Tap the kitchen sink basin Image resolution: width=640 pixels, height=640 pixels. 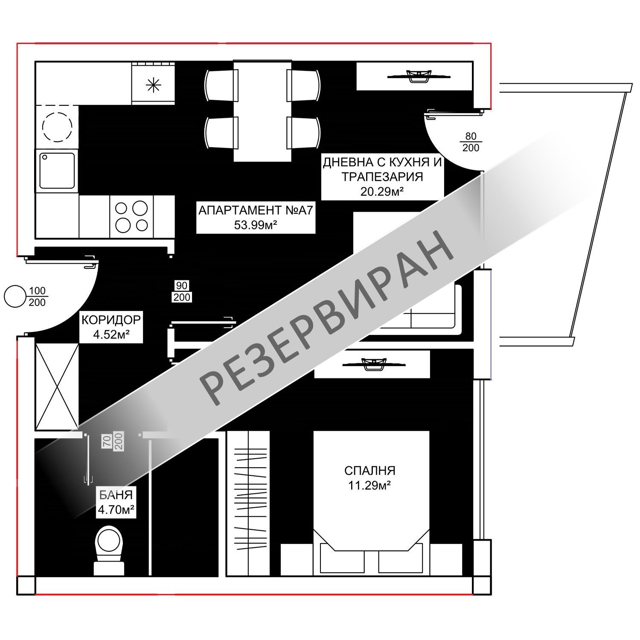click(x=57, y=170)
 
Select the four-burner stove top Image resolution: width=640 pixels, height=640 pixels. click(x=131, y=216)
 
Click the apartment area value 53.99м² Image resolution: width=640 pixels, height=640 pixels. click(x=256, y=225)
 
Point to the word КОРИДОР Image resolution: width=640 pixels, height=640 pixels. click(x=111, y=320)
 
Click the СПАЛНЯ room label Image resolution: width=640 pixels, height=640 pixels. click(x=370, y=471)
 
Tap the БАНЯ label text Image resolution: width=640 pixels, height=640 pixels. click(x=116, y=495)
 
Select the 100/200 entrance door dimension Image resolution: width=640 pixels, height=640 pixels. click(x=38, y=297)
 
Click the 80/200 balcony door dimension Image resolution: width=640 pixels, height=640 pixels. click(x=471, y=142)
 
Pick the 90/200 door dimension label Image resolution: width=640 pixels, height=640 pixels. click(x=182, y=291)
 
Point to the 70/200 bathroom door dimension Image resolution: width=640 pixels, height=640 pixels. click(x=113, y=441)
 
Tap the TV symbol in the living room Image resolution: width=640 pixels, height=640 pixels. click(x=419, y=76)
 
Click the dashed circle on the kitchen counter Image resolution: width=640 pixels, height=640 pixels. click(x=57, y=127)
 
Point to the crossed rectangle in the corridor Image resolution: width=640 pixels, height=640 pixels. click(x=57, y=386)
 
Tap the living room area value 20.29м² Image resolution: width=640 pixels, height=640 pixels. click(x=382, y=191)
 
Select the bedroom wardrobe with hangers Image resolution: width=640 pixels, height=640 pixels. click(x=248, y=503)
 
